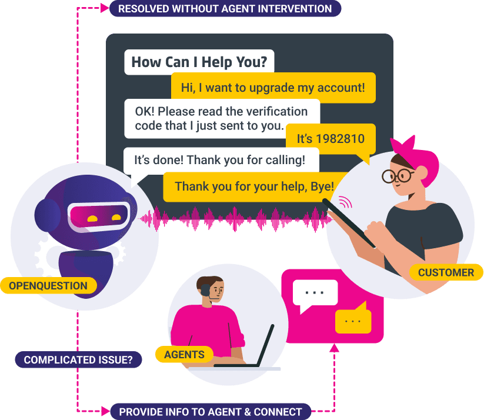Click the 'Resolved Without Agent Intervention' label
point(225,9)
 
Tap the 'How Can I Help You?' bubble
point(199,62)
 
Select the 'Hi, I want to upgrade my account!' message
point(273,88)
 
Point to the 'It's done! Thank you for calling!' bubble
point(221,160)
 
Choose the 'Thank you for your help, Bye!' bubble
point(255,187)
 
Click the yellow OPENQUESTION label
point(48,286)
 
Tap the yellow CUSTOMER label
point(446,272)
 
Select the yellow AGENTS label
point(184,354)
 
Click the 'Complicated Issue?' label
point(78,360)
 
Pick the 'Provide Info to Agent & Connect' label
point(211,412)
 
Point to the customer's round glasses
point(398,176)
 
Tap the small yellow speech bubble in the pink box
point(353,319)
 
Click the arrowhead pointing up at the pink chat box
point(334,348)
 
